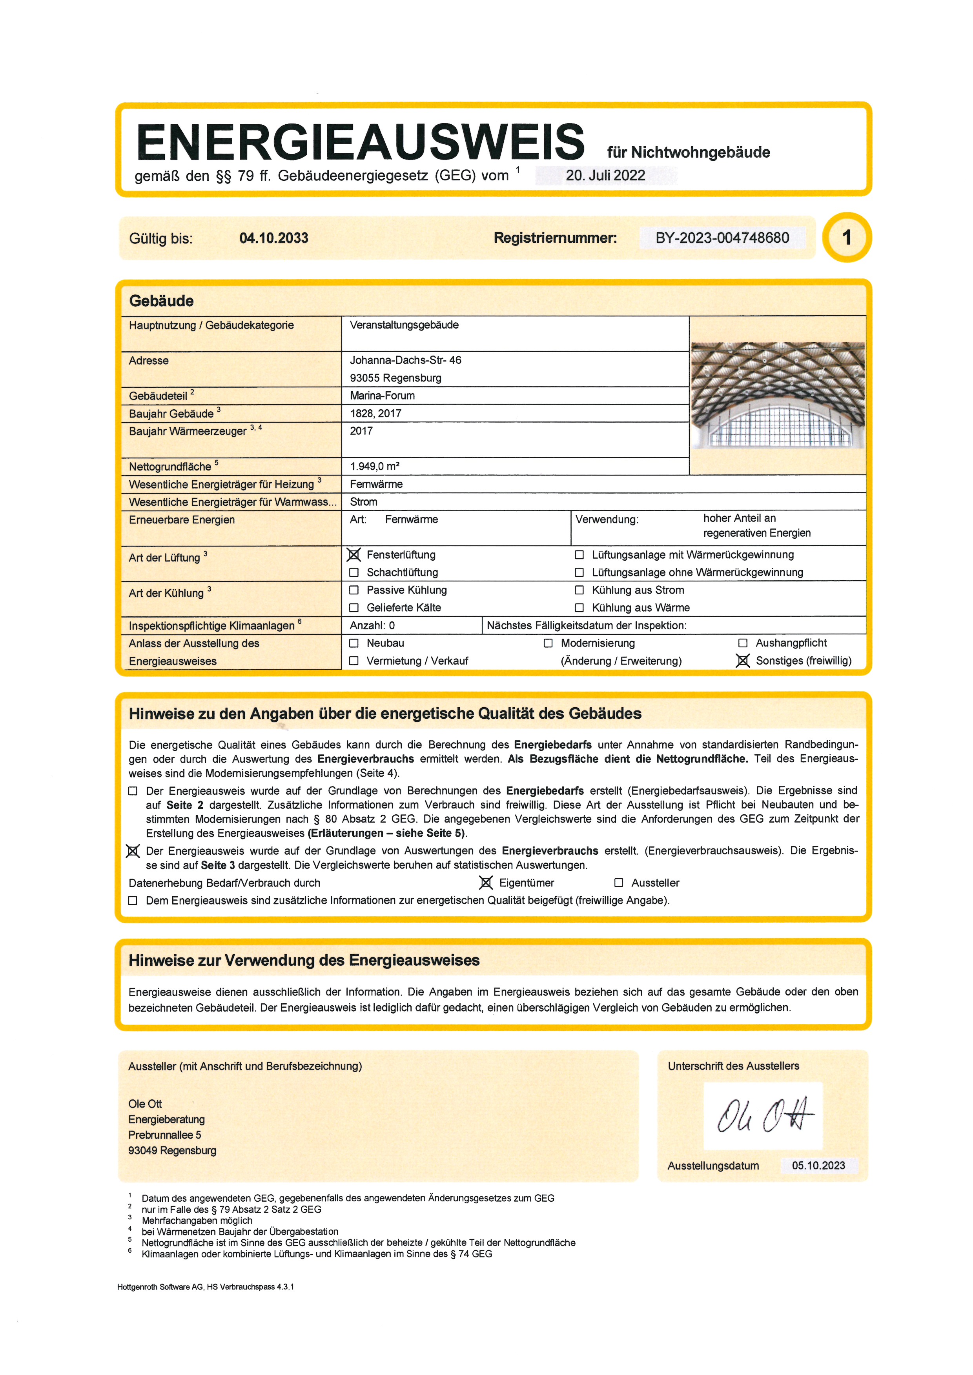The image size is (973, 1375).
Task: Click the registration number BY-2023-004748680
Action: (x=722, y=238)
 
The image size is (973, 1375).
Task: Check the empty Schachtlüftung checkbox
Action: (x=354, y=572)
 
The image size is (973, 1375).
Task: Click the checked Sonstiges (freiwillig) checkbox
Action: (x=743, y=661)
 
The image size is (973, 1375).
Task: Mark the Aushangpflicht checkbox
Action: (x=743, y=643)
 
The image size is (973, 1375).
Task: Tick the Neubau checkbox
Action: (x=354, y=643)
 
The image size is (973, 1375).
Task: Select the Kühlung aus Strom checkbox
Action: (x=579, y=590)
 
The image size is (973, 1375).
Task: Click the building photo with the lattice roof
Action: (x=778, y=395)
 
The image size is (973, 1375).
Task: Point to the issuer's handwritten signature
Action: (x=763, y=1116)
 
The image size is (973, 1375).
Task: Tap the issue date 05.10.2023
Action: (x=818, y=1165)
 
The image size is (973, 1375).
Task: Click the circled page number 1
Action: (x=847, y=238)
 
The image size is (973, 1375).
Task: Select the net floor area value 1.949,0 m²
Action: (x=375, y=467)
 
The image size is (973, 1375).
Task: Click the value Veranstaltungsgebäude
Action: (x=405, y=325)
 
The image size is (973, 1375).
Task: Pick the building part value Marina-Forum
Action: (x=382, y=396)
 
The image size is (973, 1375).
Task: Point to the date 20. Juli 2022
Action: (x=605, y=176)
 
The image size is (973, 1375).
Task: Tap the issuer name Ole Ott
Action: (x=145, y=1104)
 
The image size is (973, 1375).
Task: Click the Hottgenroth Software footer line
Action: (x=206, y=1287)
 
